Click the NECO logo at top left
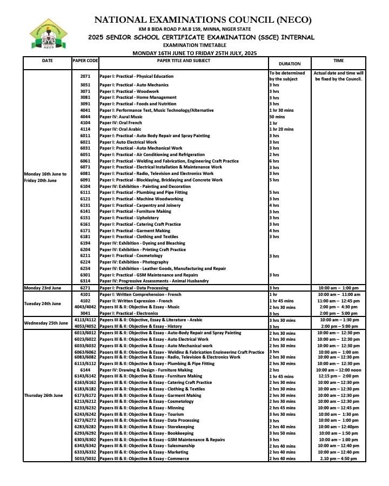click(49, 34)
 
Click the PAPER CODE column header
click(85, 60)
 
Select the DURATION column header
click(289, 64)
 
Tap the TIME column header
click(339, 60)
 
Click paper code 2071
click(85, 76)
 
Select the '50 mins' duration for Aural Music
click(277, 117)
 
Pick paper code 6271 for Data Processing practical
click(85, 288)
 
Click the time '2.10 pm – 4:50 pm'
click(339, 458)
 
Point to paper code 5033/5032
click(85, 458)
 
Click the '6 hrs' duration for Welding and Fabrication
click(274, 161)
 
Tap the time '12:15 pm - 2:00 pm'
click(339, 376)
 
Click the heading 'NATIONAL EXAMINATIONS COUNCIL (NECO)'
click(203, 21)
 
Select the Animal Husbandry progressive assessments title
click(153, 281)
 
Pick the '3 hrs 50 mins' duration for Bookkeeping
click(283, 433)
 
